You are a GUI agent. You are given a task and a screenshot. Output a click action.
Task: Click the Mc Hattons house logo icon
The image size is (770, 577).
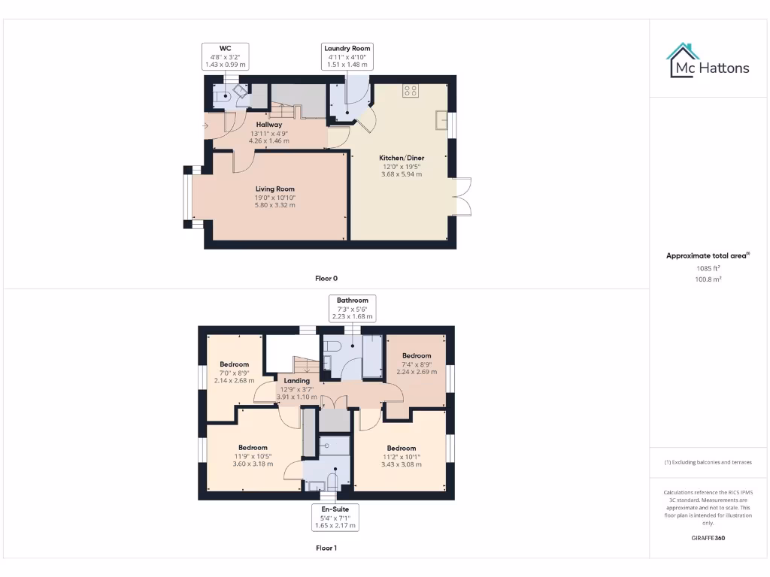coord(683,60)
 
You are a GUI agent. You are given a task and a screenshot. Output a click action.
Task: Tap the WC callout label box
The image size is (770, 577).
coord(226,56)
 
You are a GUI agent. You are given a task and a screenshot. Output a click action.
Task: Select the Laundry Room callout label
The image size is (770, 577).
coord(347,56)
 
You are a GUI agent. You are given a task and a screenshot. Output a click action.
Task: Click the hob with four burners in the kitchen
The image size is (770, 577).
coord(411,91)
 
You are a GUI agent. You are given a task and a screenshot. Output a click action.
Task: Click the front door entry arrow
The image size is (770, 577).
coord(206,125)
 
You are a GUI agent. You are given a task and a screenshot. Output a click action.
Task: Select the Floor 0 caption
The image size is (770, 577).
coord(326,278)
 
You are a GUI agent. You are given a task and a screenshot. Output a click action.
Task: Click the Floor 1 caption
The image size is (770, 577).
coord(326,548)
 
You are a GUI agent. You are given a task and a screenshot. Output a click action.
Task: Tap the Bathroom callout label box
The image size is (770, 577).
coord(352,308)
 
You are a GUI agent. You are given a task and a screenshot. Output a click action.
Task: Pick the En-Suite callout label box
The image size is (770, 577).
coord(335,517)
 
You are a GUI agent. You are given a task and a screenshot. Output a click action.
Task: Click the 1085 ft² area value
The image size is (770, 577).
coord(708,268)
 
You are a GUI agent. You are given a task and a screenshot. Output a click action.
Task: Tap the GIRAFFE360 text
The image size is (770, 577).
coord(708,538)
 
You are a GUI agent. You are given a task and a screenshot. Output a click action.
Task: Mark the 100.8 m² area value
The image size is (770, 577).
coord(708,279)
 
